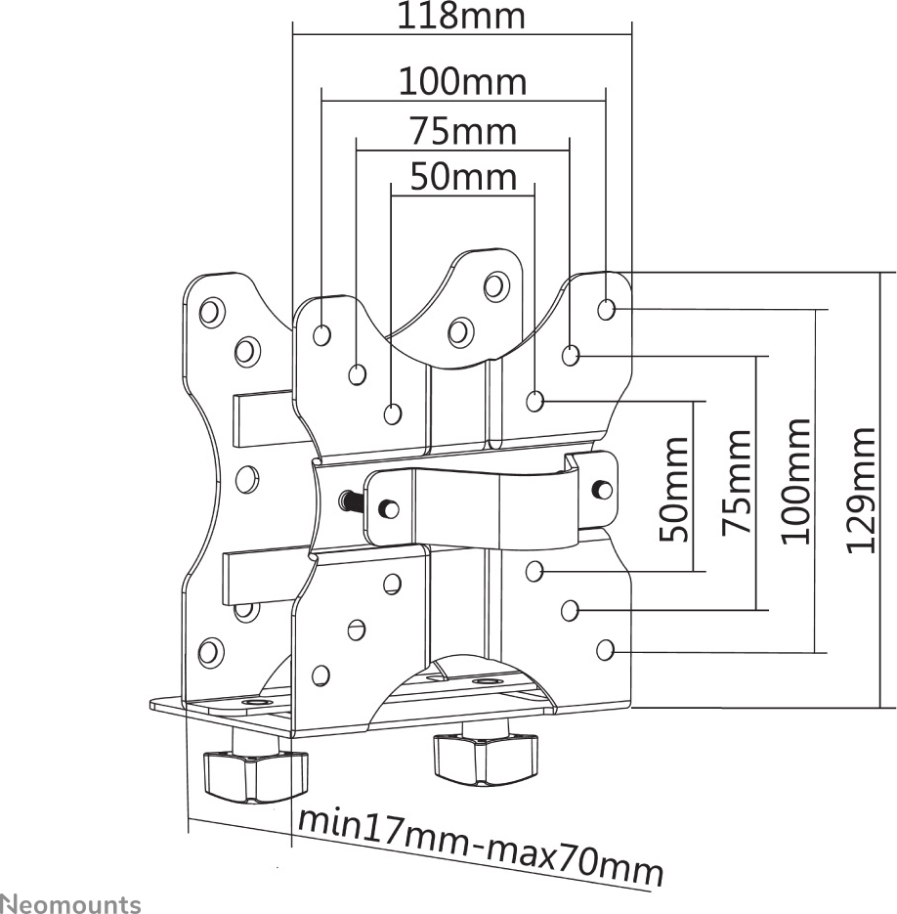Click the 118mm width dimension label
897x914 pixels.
coord(461,17)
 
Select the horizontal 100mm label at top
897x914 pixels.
coord(462,82)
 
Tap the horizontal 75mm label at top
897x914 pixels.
coord(462,130)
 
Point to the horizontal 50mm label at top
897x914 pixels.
coord(462,177)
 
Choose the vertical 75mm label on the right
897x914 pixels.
coord(737,482)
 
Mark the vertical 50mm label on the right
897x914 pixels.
coord(674,489)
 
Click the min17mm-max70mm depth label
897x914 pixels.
coord(480,847)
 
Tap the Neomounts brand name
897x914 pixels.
coord(70,903)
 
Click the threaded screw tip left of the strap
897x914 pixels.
coord(346,501)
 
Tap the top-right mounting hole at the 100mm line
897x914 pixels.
coord(607,310)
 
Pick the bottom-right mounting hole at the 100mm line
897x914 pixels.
coord(605,648)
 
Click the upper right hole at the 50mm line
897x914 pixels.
coord(534,401)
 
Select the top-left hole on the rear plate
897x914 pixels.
coord(210,312)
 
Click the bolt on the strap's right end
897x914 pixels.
coord(603,488)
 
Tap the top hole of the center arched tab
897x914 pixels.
coord(495,285)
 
